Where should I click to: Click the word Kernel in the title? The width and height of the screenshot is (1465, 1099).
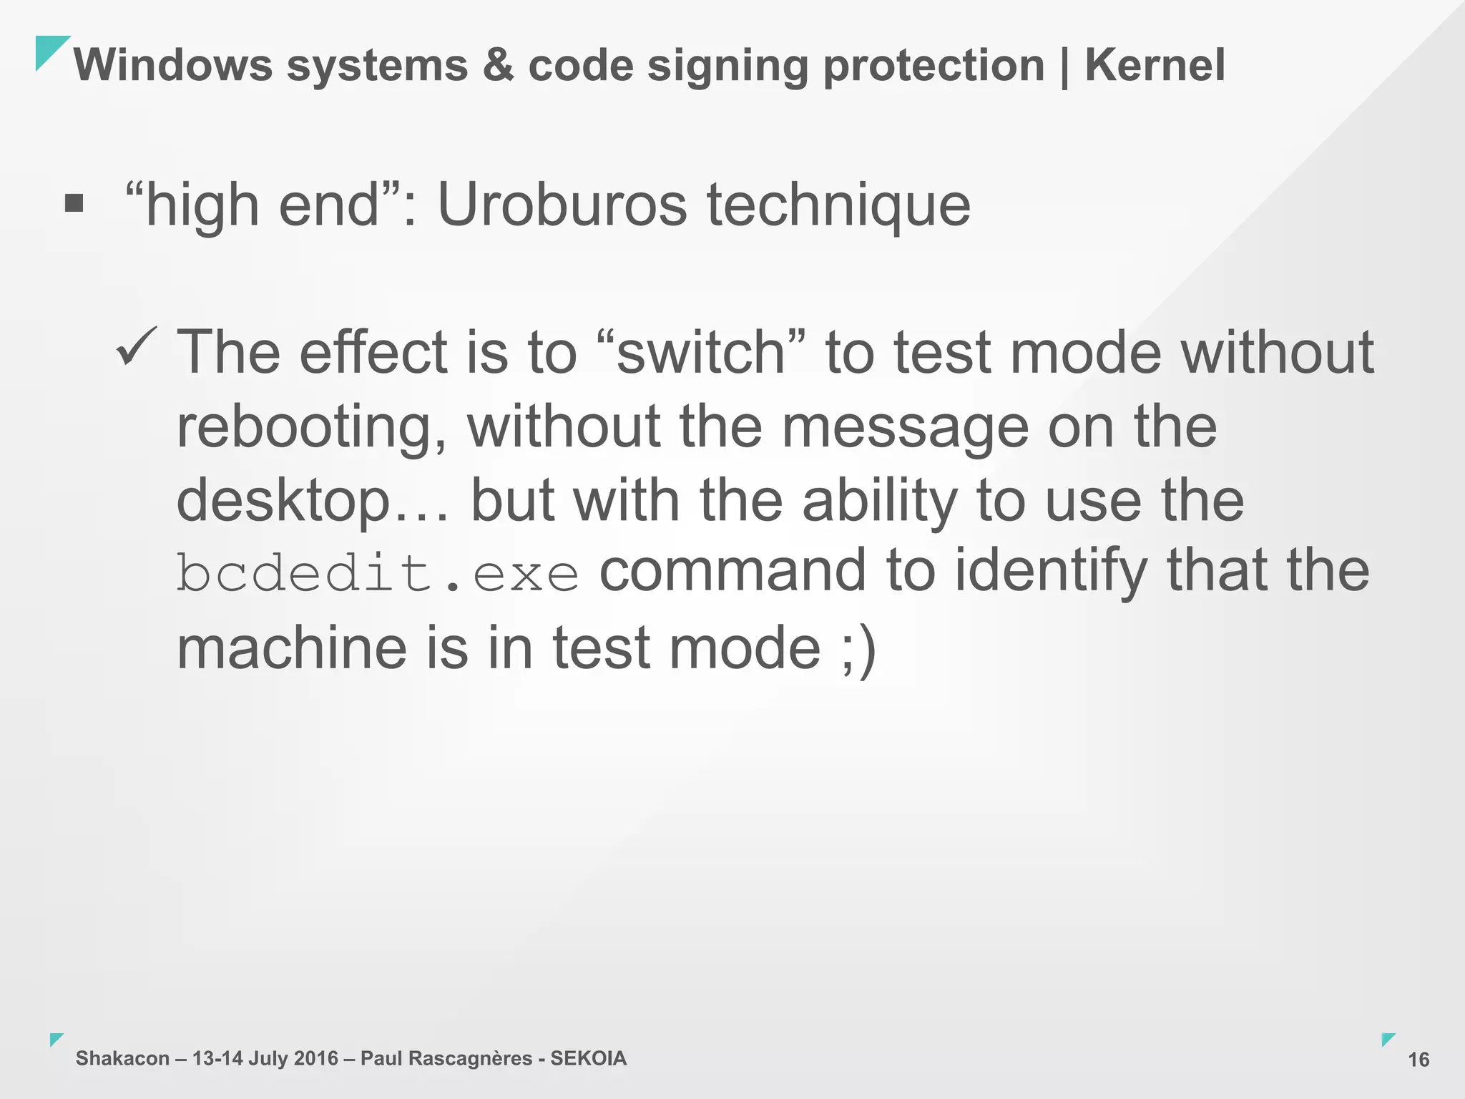pyautogui.click(x=1155, y=65)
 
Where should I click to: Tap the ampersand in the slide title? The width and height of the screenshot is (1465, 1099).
pyautogui.click(x=499, y=65)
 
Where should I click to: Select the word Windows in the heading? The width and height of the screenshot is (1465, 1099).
pyautogui.click(x=172, y=65)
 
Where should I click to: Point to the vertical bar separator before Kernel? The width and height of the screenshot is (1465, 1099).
pyautogui.click(x=1065, y=67)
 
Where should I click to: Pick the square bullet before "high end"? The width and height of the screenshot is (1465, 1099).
pyautogui.click(x=74, y=204)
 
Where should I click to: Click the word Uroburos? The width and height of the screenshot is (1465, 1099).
pyautogui.click(x=562, y=205)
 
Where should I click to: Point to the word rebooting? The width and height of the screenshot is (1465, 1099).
pyautogui.click(x=312, y=427)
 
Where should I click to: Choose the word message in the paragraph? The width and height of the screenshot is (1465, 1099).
pyautogui.click(x=906, y=427)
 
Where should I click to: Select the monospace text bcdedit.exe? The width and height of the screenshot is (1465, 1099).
pyautogui.click(x=377, y=574)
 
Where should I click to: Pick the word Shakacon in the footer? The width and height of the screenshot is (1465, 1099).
pyautogui.click(x=122, y=1058)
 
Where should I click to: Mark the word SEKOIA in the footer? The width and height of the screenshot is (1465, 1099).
pyautogui.click(x=588, y=1058)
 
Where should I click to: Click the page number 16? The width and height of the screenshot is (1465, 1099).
pyautogui.click(x=1419, y=1060)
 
